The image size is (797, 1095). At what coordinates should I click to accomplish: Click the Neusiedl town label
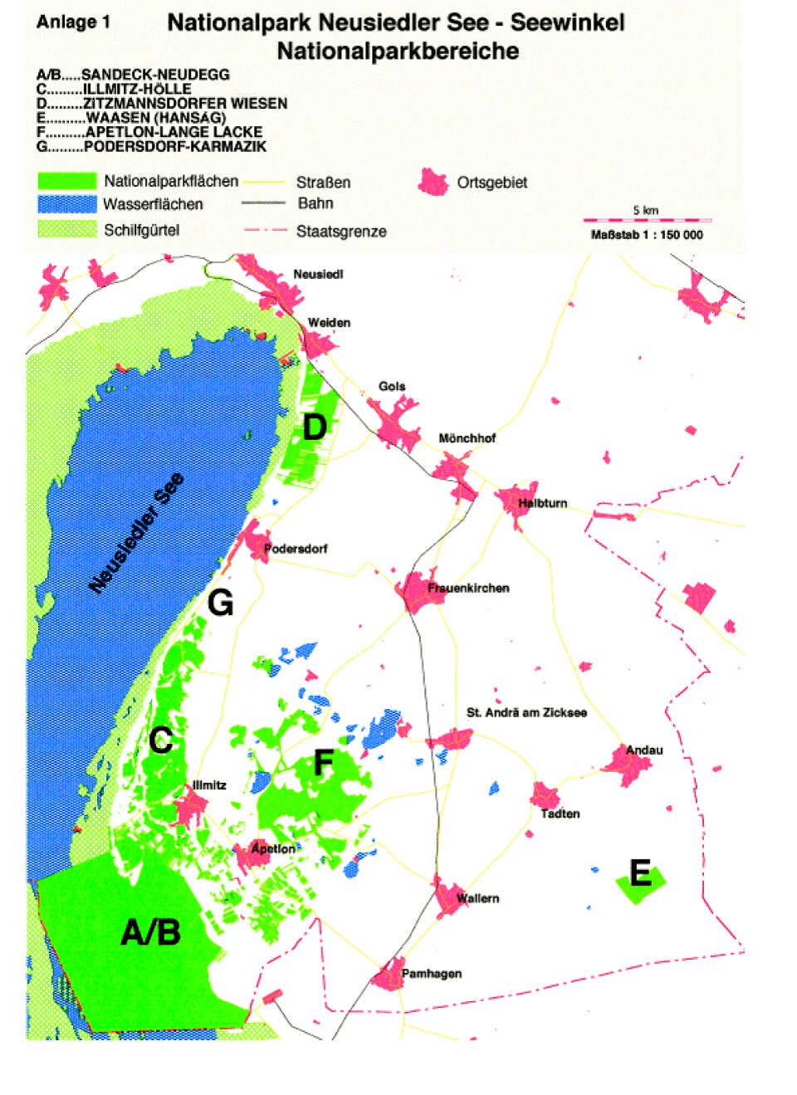pos(318,275)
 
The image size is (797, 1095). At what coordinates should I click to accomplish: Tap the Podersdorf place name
pos(296,549)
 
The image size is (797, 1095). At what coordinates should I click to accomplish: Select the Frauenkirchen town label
pos(468,589)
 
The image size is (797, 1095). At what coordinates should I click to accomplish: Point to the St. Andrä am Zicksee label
pos(526,713)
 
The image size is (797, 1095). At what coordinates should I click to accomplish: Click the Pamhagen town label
pos(432,974)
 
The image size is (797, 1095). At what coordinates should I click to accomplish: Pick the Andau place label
pos(644,750)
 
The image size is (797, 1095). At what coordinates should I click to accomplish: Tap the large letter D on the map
pos(315,428)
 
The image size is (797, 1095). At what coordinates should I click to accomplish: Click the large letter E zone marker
pos(640,873)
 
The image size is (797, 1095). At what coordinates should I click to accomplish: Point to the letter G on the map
pos(220,603)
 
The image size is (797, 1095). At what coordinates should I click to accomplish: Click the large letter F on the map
pos(324,763)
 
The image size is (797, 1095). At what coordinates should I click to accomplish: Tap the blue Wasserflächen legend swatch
pos(66,204)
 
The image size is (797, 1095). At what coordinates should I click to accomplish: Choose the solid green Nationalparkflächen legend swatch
pos(66,181)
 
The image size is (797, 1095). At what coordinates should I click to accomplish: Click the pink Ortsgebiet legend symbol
pos(433,182)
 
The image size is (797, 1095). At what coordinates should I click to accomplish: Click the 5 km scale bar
pos(647,220)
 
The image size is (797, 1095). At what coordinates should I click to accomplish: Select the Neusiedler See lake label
pos(137,533)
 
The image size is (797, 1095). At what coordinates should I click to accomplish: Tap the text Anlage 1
pos(73,22)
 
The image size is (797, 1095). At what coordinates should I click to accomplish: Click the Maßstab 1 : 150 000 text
pos(647,235)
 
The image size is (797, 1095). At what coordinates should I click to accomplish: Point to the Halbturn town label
pos(542,503)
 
